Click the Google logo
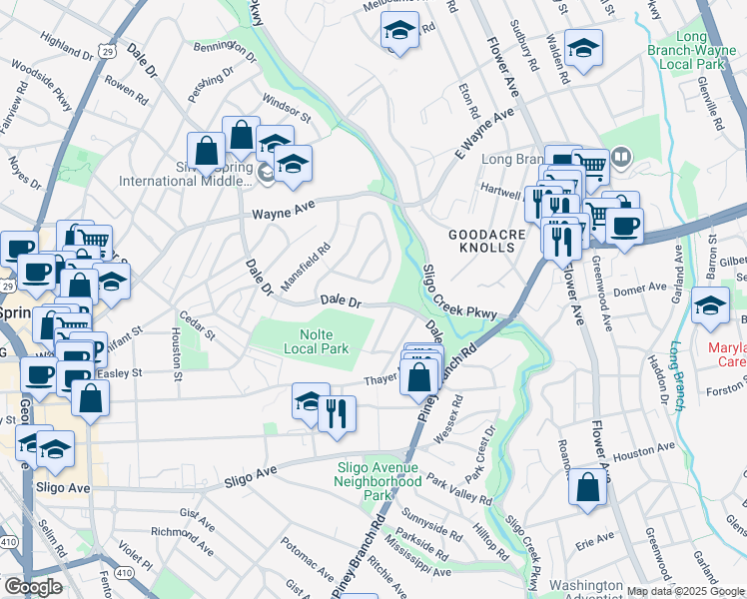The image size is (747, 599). click(33, 587)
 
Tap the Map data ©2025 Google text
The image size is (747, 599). click(685, 591)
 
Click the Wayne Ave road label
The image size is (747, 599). click(283, 213)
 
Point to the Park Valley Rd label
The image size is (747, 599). click(458, 489)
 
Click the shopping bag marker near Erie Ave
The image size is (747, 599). click(589, 488)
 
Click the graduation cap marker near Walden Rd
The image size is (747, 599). click(583, 48)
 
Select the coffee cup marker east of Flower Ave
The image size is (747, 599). click(625, 226)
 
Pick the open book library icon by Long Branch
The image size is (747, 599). click(620, 157)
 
